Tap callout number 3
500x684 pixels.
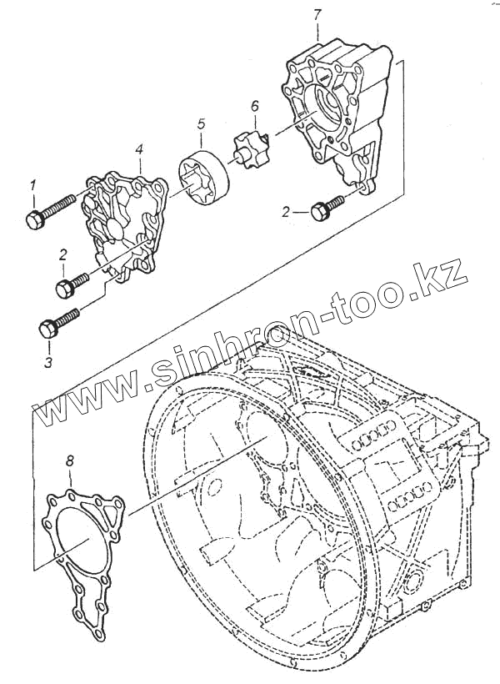pyautogui.click(x=48, y=363)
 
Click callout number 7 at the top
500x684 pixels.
pyautogui.click(x=317, y=14)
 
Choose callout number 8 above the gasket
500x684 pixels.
pyautogui.click(x=70, y=459)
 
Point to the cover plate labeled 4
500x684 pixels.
pyautogui.click(x=122, y=221)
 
